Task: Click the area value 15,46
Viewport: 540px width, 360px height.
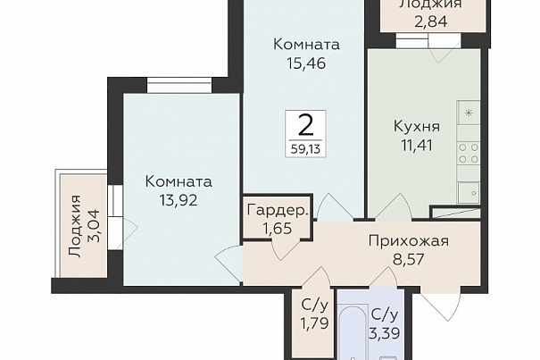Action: (x=306, y=63)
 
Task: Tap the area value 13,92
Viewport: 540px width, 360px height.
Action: (x=179, y=200)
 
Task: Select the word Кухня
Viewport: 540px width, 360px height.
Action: (x=417, y=127)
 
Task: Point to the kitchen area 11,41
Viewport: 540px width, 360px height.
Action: (x=417, y=146)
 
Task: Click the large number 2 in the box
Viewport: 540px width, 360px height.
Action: (x=305, y=126)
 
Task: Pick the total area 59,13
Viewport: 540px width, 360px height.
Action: (x=305, y=149)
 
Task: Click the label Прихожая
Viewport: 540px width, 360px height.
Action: (x=409, y=240)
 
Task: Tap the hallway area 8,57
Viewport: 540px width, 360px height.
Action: (x=409, y=259)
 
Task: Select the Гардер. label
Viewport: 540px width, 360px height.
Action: (x=278, y=210)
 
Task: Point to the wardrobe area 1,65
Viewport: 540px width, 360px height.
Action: (x=278, y=229)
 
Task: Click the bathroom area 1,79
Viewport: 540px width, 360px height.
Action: (x=314, y=323)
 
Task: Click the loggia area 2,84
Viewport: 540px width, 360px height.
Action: (x=430, y=21)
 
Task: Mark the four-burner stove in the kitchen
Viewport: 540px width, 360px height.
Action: (x=469, y=153)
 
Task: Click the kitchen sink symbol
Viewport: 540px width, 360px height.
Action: (x=469, y=192)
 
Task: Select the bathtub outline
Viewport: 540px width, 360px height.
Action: (x=353, y=331)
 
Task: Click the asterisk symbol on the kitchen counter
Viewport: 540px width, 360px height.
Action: (x=469, y=113)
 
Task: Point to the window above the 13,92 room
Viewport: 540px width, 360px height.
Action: (x=179, y=85)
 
